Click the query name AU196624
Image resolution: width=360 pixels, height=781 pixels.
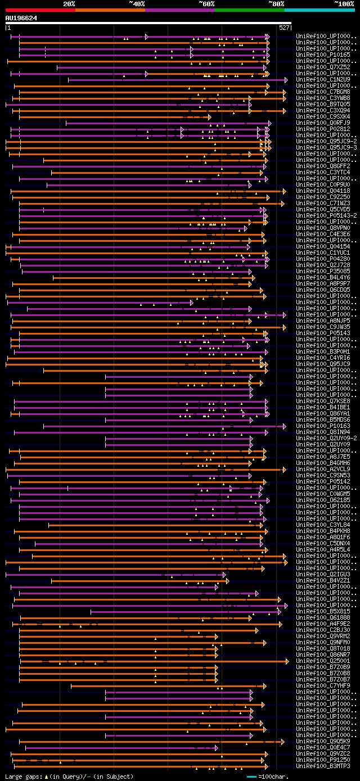(x=21, y=18)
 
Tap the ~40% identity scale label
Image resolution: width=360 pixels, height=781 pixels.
(x=137, y=4)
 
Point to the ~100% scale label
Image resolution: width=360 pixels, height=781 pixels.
(x=344, y=4)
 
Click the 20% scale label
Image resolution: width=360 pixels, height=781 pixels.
(x=69, y=4)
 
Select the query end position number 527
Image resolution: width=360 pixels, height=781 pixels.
(x=284, y=27)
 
